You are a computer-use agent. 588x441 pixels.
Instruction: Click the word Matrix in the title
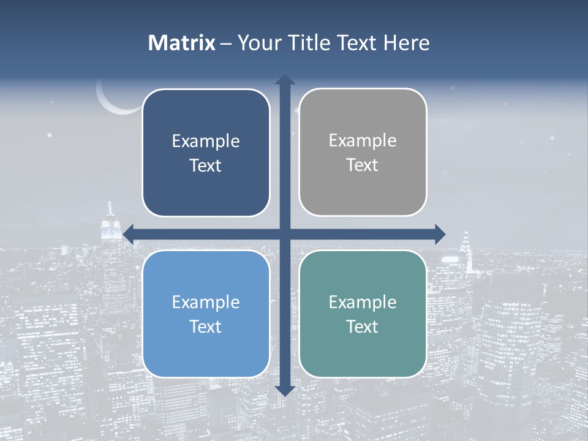181,43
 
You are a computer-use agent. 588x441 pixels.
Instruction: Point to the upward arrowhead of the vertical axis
285,80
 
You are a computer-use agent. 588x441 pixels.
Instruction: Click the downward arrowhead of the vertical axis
285,390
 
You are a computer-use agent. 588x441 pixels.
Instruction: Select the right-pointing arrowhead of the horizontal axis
440,234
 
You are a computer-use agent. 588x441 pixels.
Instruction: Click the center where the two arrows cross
285,234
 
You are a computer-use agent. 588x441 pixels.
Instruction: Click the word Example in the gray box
363,140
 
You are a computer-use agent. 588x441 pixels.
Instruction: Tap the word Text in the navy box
206,165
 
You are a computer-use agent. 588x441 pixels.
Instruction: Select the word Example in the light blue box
206,302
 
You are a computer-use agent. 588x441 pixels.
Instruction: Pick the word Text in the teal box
363,326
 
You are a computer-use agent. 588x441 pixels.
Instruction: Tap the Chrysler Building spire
466,242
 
